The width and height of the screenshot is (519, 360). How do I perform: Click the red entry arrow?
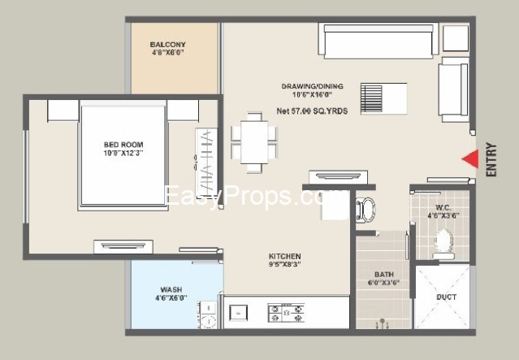pyautogui.click(x=471, y=161)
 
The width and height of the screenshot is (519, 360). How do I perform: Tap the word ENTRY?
pyautogui.click(x=491, y=161)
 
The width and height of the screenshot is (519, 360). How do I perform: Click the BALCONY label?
pyautogui.click(x=168, y=44)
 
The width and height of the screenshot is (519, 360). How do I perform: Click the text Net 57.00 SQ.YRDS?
pyautogui.click(x=313, y=110)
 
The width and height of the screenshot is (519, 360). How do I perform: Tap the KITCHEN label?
pyautogui.click(x=285, y=255)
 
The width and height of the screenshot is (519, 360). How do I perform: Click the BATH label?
pyautogui.click(x=384, y=274)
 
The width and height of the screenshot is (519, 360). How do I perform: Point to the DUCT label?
pyautogui.click(x=446, y=297)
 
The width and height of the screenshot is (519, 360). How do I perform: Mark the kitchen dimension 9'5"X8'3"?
pyautogui.click(x=285, y=264)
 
